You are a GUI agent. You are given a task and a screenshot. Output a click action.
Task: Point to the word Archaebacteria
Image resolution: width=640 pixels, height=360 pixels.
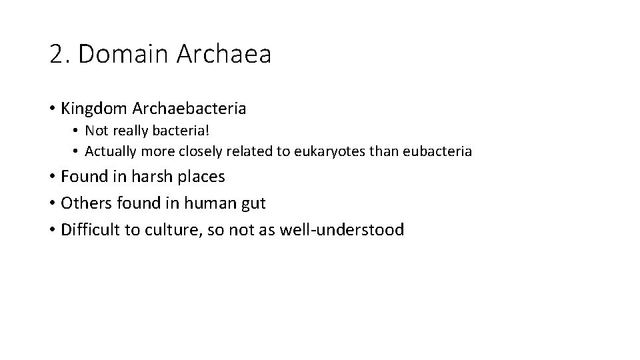pyautogui.click(x=189, y=107)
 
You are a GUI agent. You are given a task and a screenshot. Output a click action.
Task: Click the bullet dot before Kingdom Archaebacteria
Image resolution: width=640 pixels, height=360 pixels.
pyautogui.click(x=52, y=108)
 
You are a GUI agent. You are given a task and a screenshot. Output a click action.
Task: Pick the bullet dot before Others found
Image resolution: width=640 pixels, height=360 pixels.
pyautogui.click(x=52, y=203)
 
